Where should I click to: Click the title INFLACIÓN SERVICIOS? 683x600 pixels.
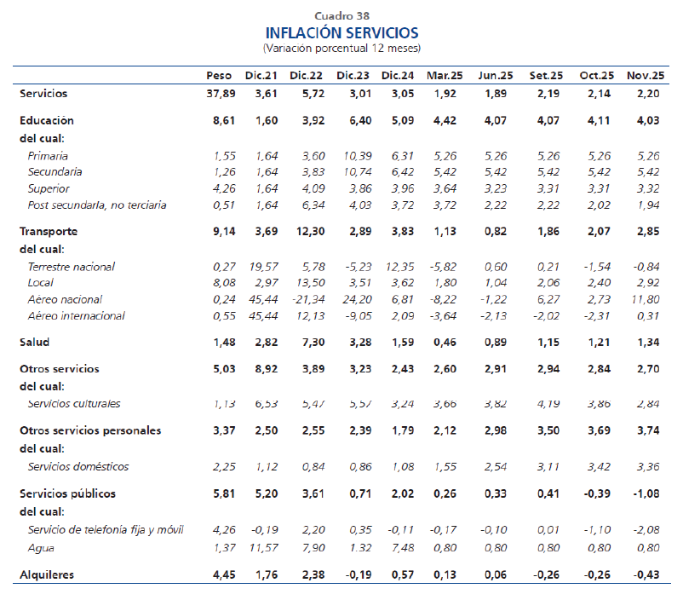pos(341,32)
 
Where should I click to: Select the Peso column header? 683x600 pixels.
pos(219,76)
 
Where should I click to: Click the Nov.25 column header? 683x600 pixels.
pos(645,76)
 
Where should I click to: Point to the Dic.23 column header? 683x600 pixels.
pos(353,76)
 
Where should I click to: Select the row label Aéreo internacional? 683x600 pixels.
pos(76,315)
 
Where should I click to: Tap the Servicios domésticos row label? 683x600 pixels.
pos(77,466)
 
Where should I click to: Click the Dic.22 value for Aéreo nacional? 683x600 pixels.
pos(305,299)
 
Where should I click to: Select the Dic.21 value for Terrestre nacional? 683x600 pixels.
pos(260,267)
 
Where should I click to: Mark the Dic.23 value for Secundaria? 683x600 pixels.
pos(353,172)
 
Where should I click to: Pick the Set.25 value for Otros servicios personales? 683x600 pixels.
pos(545,430)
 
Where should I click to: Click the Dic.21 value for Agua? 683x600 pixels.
pos(260,546)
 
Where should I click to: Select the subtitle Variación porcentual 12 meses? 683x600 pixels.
pos(341,48)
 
